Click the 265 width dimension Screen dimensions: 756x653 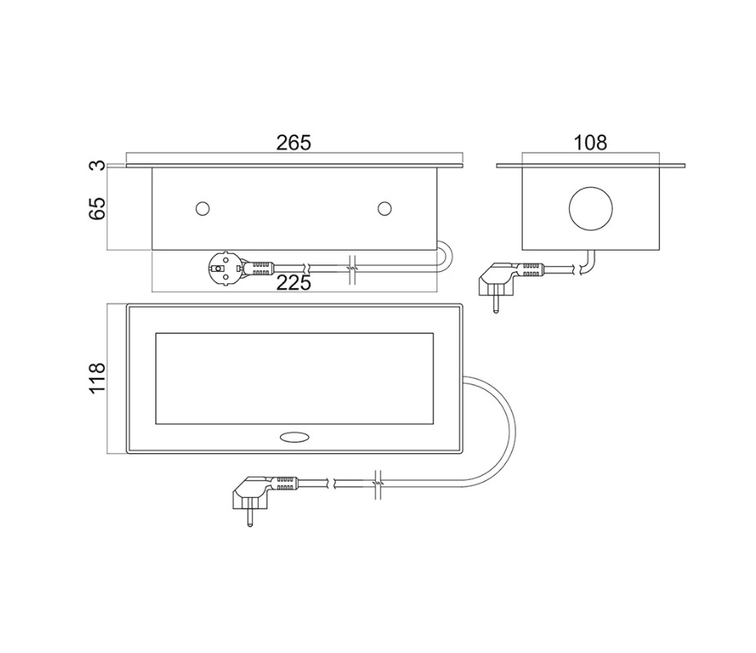click(x=294, y=143)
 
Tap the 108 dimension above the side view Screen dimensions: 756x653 click(x=590, y=143)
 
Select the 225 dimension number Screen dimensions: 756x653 click(x=294, y=283)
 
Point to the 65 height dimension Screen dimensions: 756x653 click(x=97, y=208)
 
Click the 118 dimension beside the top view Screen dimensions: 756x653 click(x=97, y=378)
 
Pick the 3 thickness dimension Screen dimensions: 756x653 click(x=97, y=166)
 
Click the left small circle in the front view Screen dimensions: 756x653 click(x=202, y=209)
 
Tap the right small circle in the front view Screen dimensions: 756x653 click(x=385, y=209)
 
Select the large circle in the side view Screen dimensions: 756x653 click(x=590, y=209)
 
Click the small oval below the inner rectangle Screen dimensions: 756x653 click(x=294, y=437)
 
